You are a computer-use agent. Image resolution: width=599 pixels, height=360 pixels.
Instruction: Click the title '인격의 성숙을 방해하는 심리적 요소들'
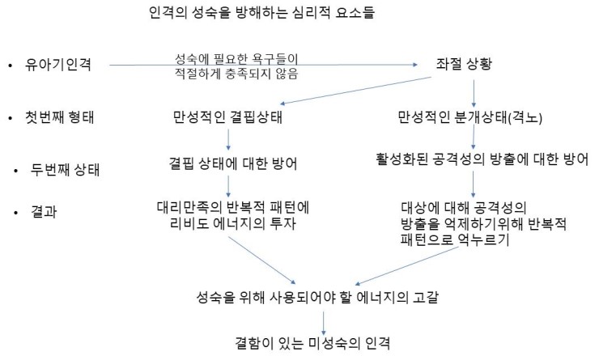click(x=261, y=13)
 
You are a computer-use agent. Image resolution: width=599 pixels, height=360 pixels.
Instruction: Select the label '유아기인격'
click(x=58, y=64)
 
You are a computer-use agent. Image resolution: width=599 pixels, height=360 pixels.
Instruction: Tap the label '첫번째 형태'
click(x=59, y=117)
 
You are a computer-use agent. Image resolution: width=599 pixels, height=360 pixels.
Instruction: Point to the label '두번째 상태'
click(x=65, y=170)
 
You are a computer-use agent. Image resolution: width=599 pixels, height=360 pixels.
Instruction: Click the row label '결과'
click(x=44, y=211)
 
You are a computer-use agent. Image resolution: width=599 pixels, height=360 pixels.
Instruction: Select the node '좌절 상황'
click(x=464, y=63)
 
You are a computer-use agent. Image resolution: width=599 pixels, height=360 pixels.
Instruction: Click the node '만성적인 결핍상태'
click(x=227, y=116)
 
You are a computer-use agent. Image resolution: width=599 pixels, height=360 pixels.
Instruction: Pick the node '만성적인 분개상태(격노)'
click(x=469, y=117)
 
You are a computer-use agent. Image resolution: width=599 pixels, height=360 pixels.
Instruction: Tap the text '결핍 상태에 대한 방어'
click(x=232, y=163)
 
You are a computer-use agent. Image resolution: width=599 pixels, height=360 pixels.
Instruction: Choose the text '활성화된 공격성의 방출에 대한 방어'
click(x=482, y=159)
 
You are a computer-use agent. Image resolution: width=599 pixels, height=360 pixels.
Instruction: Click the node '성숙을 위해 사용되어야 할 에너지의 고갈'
click(x=317, y=297)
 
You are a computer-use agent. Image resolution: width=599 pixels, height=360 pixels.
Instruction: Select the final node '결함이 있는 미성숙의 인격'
click(x=312, y=343)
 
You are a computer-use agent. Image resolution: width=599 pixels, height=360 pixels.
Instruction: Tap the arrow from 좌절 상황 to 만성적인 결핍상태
click(x=355, y=91)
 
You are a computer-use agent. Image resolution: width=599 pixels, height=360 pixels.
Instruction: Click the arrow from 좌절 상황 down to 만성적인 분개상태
click(x=474, y=94)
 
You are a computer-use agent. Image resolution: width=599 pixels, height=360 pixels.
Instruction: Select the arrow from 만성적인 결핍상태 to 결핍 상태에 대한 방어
click(x=228, y=140)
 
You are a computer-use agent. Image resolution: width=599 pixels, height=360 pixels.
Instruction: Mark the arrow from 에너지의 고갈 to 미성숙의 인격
click(x=324, y=323)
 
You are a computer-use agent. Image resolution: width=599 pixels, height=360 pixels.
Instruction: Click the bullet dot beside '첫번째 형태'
click(x=11, y=118)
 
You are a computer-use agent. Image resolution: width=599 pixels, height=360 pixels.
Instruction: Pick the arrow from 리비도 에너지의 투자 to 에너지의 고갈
click(x=262, y=260)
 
